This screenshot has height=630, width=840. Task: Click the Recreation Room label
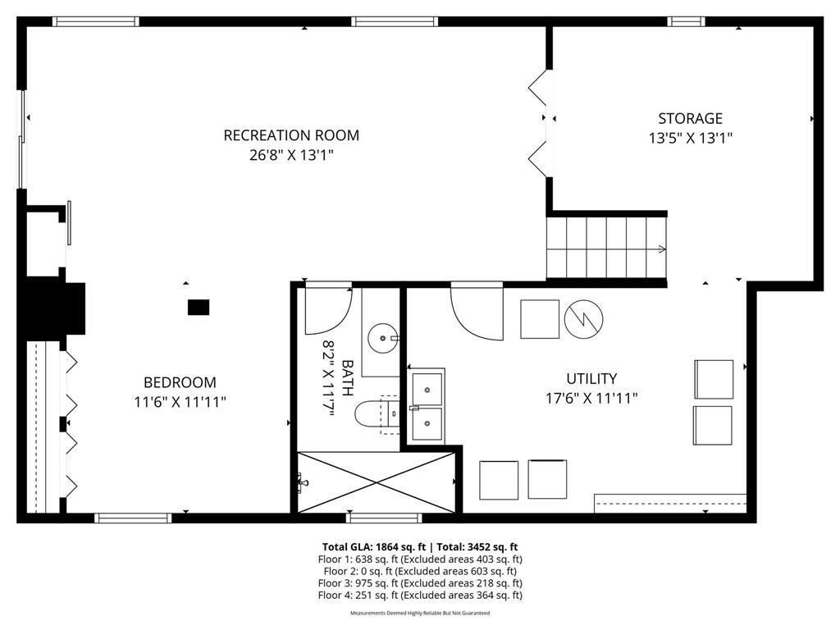tap(291, 135)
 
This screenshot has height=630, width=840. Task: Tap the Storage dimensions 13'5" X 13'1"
tap(690, 139)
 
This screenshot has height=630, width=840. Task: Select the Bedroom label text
tap(180, 382)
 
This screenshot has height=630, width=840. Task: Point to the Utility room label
tap(591, 378)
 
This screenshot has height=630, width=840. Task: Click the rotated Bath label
tap(347, 378)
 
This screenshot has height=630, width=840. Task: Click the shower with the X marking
tap(376, 482)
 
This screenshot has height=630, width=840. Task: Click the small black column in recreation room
tap(199, 308)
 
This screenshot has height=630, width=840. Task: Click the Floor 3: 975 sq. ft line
tap(419, 583)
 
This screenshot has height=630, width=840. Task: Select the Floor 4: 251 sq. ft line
tap(419, 596)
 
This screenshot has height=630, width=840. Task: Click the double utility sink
tap(427, 406)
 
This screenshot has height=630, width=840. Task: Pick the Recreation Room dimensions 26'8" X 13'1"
tap(291, 155)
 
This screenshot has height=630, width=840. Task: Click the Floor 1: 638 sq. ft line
tap(419, 559)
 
